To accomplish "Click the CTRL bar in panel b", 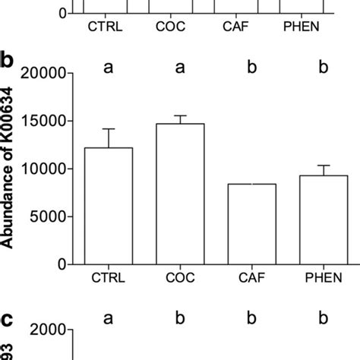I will tap(108, 206).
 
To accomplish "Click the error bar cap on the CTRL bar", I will tap(108, 129).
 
